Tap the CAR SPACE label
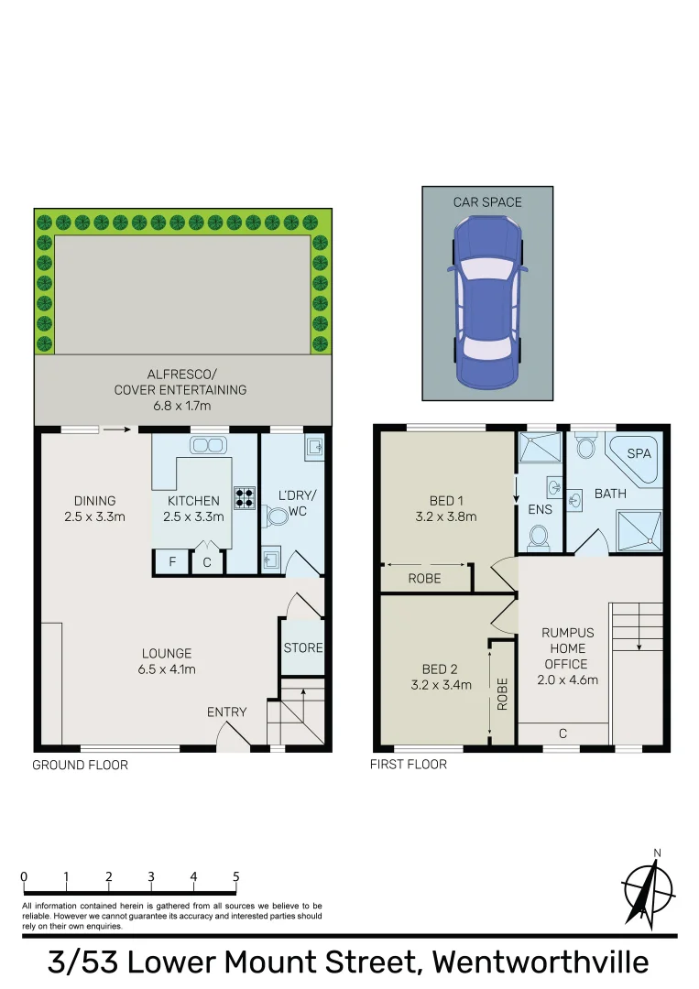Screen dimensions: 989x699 pos(487,201)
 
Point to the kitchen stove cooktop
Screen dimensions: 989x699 pos(245,497)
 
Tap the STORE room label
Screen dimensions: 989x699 pos(303,647)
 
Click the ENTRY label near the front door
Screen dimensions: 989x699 pos(226,712)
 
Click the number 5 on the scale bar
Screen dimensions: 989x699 pos(236,876)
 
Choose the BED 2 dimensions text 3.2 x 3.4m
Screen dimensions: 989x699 pos(442,685)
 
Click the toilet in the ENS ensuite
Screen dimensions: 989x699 pos(540,536)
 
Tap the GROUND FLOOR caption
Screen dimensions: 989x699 pos(81,765)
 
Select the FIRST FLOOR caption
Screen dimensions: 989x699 pos(409,765)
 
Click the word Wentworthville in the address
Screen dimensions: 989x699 pos(541,962)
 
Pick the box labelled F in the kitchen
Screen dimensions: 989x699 pos(170,562)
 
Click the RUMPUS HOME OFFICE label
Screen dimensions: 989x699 pos(567,648)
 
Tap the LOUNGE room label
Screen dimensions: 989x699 pos(167,653)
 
